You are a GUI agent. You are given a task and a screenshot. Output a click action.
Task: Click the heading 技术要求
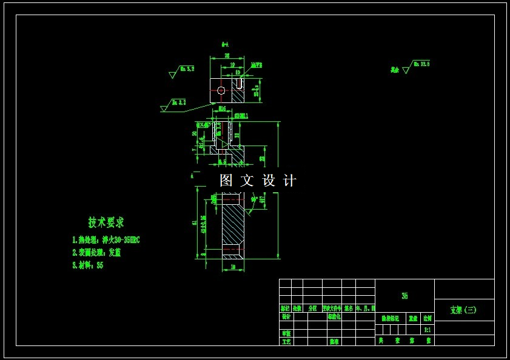tap(106, 222)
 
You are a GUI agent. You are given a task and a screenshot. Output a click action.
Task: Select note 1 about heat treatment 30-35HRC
tap(106, 240)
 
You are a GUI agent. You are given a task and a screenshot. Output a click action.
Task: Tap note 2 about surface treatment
tap(96, 253)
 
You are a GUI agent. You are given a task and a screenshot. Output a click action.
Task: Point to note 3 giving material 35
tap(88, 265)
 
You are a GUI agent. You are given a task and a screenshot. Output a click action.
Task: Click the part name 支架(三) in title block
tap(463, 310)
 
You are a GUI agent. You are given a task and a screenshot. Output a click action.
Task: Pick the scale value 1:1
tap(428, 330)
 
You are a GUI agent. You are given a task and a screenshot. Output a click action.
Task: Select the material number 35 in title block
tap(404, 296)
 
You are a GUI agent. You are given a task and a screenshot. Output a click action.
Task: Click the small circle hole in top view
tap(221, 91)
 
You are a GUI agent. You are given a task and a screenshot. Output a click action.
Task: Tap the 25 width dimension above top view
tap(227, 56)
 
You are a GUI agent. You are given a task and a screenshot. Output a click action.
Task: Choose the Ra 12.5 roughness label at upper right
tap(421, 64)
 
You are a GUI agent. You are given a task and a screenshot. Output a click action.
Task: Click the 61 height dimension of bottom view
tap(195, 222)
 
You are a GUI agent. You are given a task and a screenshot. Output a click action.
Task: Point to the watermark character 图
tap(226, 180)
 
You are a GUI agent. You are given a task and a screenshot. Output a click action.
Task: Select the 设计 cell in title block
tap(286, 316)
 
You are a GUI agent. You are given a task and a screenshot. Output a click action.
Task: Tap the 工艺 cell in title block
tap(286, 341)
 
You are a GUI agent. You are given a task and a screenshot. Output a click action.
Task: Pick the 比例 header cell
tap(428, 318)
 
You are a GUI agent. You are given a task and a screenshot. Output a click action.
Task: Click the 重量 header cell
tap(413, 318)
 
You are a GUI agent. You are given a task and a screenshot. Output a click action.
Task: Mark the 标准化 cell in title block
tap(334, 316)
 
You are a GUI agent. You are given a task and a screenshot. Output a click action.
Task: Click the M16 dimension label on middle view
tap(222, 109)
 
